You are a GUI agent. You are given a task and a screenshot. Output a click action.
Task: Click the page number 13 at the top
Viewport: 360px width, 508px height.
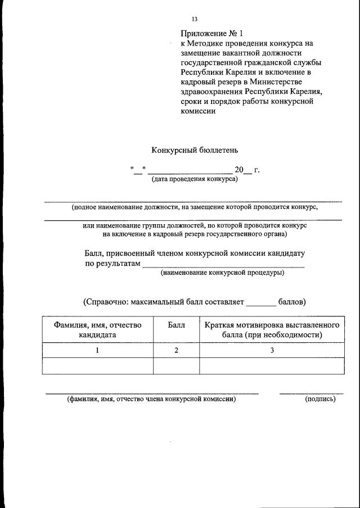pyautogui.click(x=195, y=20)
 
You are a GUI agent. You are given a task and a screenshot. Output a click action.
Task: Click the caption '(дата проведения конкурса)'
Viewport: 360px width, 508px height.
pyautogui.click(x=194, y=179)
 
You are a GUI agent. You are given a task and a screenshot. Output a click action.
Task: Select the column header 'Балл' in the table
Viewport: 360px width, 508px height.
pyautogui.click(x=176, y=325)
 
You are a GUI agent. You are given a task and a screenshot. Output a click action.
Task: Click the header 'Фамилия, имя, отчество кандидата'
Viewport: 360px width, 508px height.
pyautogui.click(x=98, y=330)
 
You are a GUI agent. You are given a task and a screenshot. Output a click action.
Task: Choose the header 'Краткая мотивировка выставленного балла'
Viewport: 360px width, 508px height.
pyautogui.click(x=272, y=330)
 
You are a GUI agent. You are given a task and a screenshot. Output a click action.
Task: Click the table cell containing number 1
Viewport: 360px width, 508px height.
pyautogui.click(x=98, y=351)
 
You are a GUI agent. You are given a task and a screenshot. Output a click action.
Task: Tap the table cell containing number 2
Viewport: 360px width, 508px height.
pyautogui.click(x=176, y=351)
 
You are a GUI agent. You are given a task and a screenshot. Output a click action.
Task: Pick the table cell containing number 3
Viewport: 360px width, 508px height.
pyautogui.click(x=272, y=351)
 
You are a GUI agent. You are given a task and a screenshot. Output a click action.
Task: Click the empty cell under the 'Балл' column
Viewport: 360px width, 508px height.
pyautogui.click(x=176, y=366)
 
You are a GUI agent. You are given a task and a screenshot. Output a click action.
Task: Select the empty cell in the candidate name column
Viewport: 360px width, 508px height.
pyautogui.click(x=98, y=366)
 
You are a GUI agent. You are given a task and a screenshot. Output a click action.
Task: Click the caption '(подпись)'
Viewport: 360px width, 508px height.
pyautogui.click(x=319, y=400)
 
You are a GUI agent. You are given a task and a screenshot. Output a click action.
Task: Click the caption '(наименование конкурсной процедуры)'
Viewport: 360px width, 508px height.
pyautogui.click(x=222, y=273)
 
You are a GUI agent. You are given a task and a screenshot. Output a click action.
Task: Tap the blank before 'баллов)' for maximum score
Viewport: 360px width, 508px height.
pyautogui.click(x=261, y=303)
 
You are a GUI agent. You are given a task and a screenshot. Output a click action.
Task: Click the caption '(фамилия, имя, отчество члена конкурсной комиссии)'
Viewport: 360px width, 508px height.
pyautogui.click(x=151, y=400)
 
